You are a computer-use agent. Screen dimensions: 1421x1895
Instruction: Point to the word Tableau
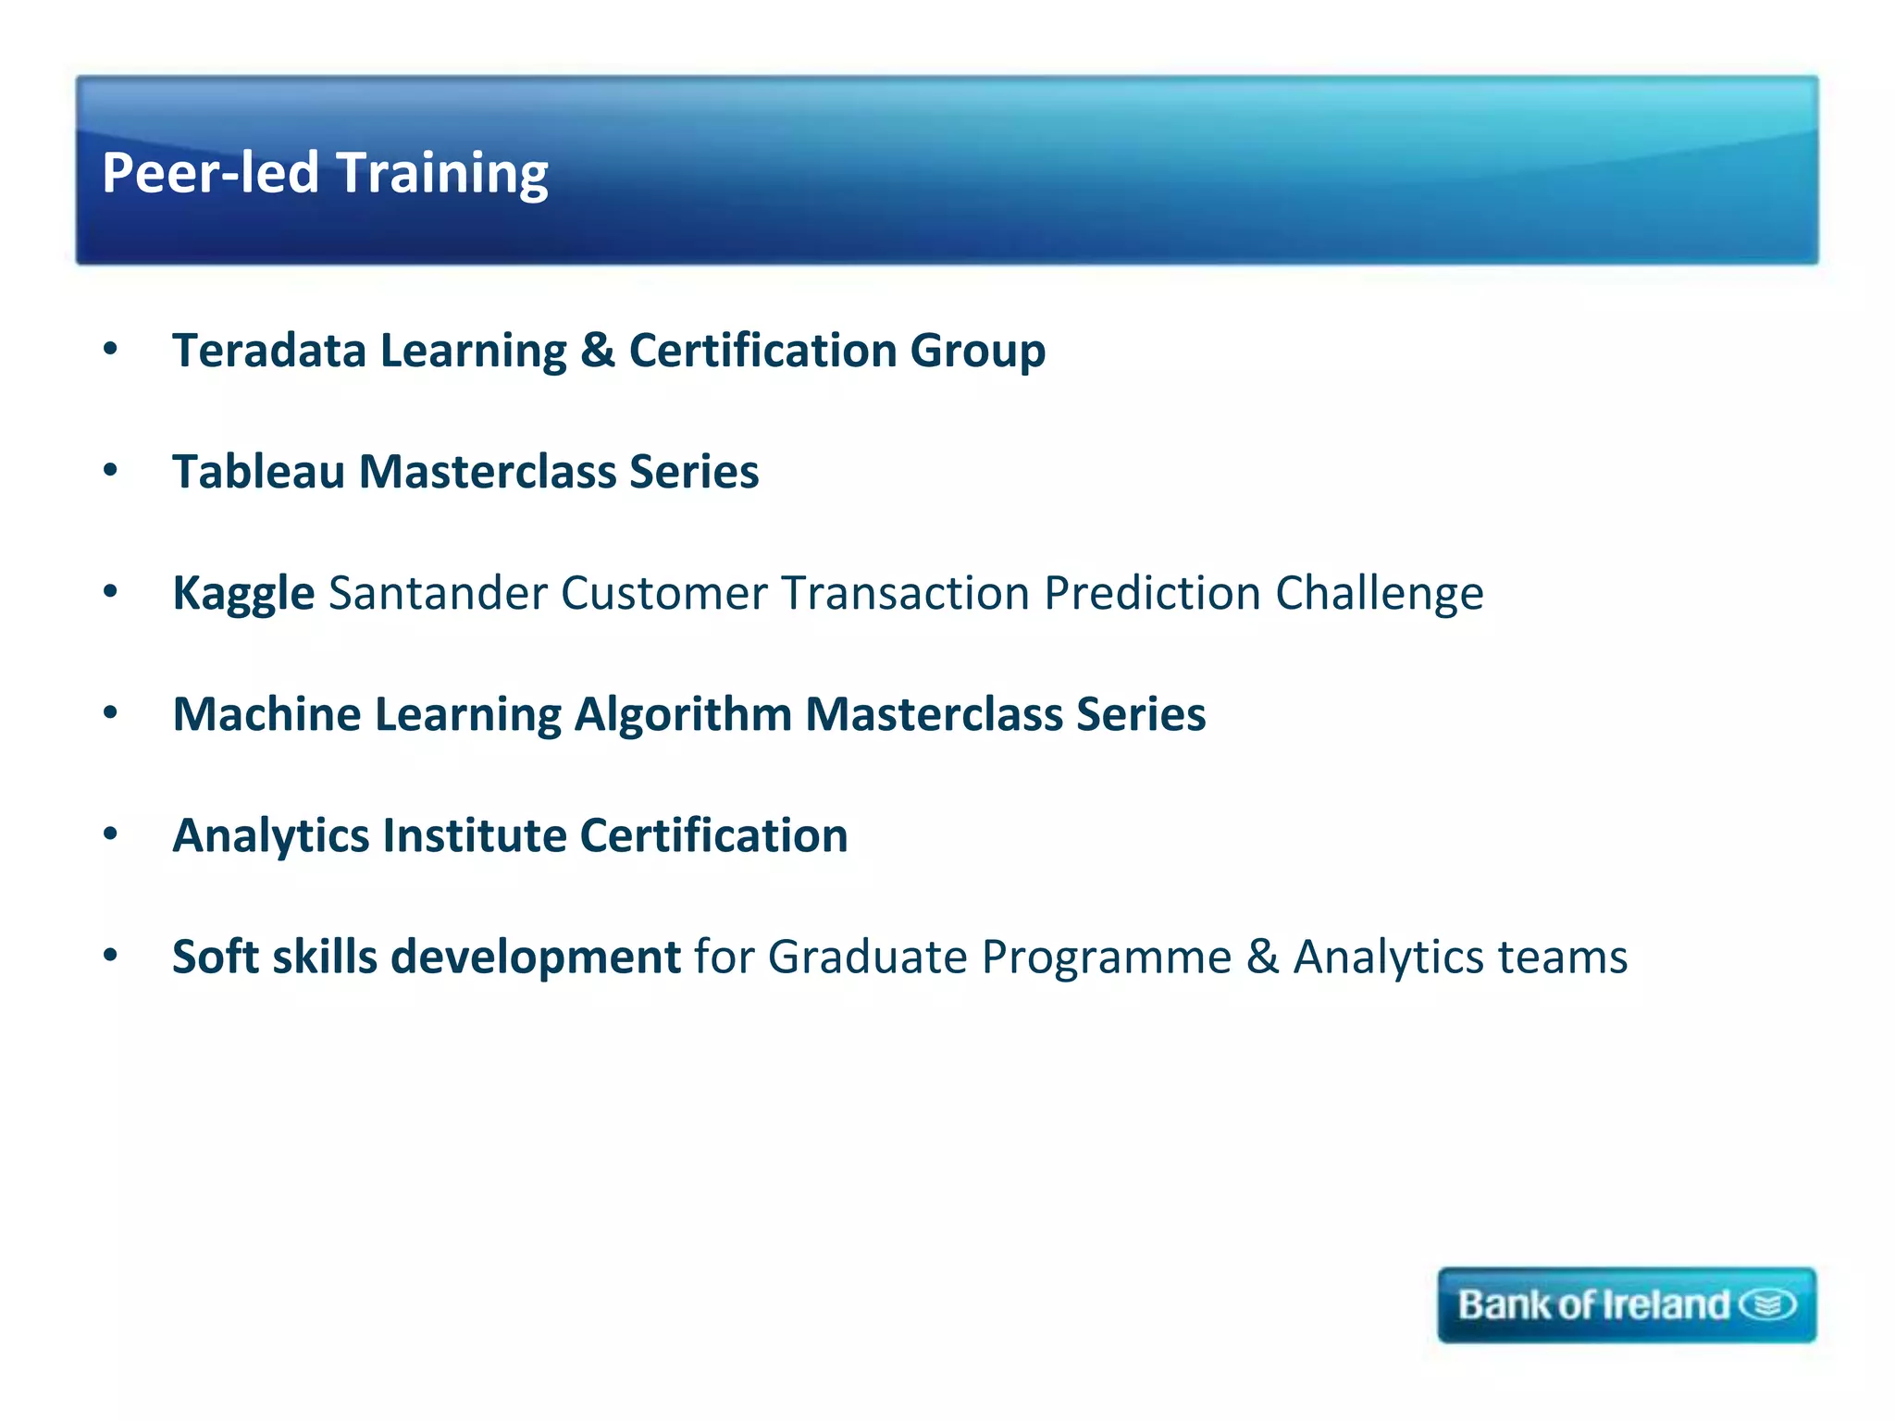258,472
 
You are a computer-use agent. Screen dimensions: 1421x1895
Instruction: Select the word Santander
437,593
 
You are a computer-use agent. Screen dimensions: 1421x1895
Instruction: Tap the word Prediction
1152,593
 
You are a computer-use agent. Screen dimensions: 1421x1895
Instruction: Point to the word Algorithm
683,716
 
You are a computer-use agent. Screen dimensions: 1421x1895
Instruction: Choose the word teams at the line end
1563,958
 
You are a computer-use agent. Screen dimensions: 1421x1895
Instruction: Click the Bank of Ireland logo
1626,1304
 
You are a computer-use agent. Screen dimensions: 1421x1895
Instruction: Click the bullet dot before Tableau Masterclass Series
111,471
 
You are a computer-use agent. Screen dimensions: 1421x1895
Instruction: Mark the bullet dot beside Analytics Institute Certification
111,834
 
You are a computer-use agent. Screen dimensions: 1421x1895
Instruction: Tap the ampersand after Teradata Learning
598,351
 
